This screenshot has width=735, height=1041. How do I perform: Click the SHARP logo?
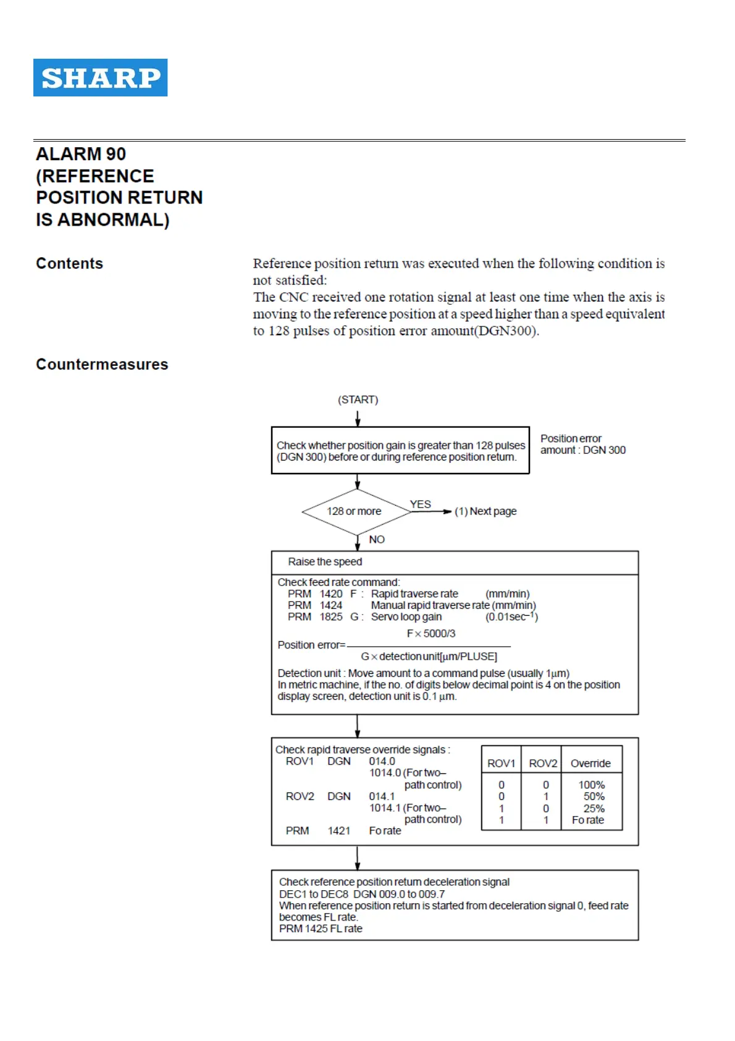click(x=100, y=77)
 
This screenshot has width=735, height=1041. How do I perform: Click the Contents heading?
click(x=69, y=263)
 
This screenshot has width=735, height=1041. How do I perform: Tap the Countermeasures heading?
click(x=102, y=364)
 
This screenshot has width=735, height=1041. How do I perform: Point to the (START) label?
click(x=358, y=399)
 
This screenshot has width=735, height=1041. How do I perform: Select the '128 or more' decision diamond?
click(x=356, y=511)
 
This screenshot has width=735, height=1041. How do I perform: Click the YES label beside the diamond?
click(x=420, y=504)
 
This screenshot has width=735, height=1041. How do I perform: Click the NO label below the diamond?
click(x=376, y=539)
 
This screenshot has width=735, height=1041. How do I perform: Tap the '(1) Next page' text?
click(x=485, y=511)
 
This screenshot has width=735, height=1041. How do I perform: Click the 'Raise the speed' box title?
click(x=325, y=561)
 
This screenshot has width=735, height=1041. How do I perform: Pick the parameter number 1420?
click(x=330, y=593)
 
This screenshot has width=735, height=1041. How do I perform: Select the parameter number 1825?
click(x=330, y=616)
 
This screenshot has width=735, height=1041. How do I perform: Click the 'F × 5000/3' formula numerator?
click(x=430, y=633)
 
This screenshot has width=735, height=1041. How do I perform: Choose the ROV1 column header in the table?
click(x=501, y=763)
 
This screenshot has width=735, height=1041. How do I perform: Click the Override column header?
click(x=590, y=763)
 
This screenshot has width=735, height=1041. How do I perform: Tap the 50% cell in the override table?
click(x=594, y=796)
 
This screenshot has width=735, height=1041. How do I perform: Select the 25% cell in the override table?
click(x=594, y=808)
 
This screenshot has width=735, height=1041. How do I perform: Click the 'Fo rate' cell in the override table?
click(x=588, y=820)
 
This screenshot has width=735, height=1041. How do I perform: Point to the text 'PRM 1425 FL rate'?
click(x=321, y=928)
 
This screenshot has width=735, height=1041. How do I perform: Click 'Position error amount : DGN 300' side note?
click(x=582, y=444)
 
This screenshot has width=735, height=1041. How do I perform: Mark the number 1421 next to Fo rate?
click(x=338, y=830)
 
